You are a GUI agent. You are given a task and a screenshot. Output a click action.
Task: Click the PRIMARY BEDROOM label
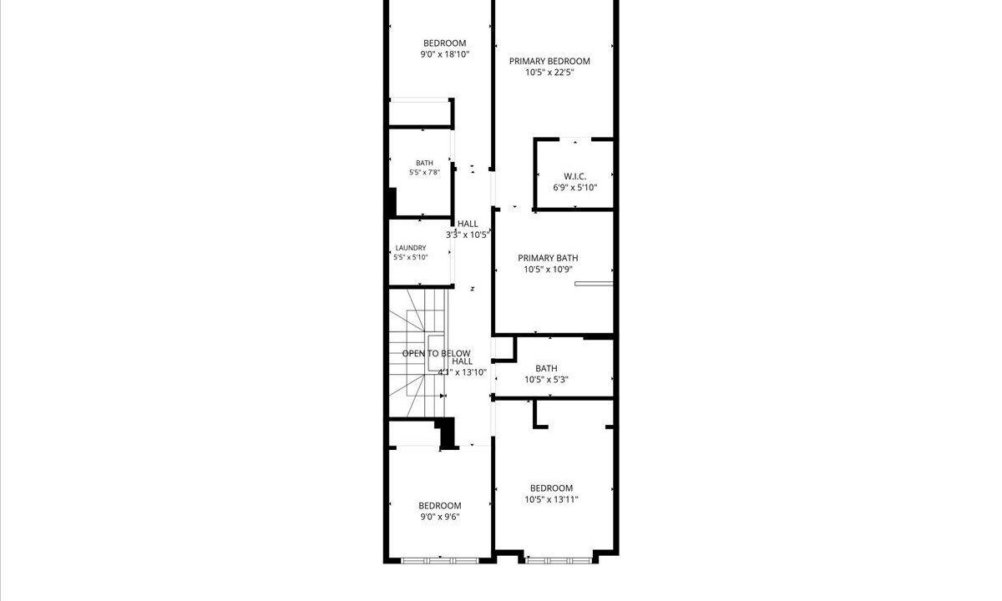[x=549, y=61]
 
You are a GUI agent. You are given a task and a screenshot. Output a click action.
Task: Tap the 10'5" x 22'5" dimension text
[x=549, y=73]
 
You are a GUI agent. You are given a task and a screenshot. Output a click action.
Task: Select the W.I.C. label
[x=574, y=176]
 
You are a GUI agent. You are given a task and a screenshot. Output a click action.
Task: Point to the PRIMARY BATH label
[x=548, y=258]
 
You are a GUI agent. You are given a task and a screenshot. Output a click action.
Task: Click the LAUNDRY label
[x=411, y=248]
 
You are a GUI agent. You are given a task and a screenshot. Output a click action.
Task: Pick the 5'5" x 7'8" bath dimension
[x=424, y=172]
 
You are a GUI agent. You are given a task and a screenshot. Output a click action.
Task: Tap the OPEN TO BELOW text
[x=436, y=353]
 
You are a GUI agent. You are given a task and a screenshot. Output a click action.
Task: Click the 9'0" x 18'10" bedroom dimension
[x=444, y=54]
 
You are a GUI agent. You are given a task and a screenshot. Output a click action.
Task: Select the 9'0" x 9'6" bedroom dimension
[x=440, y=517]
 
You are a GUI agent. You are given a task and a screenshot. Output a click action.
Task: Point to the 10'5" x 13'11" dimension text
[x=552, y=499]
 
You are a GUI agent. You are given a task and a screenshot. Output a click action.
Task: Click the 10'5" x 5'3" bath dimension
[x=546, y=380]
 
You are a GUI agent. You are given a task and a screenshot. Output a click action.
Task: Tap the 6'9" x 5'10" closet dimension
[x=574, y=187]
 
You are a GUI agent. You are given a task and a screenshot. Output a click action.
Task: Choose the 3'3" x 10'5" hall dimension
[x=468, y=235]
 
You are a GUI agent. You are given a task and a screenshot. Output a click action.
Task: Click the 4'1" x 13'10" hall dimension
[x=462, y=372]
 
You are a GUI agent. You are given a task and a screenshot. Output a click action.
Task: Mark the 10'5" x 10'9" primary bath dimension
[x=548, y=269]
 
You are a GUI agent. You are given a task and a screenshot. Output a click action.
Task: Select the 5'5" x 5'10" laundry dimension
[x=411, y=257]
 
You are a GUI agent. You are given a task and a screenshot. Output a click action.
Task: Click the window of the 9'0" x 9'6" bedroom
[x=440, y=561]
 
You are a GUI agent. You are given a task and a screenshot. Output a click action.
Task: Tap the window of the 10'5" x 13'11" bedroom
[x=559, y=560]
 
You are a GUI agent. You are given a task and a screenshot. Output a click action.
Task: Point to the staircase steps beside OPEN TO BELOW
[x=417, y=353]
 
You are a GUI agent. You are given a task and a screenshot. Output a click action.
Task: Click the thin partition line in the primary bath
[x=594, y=284]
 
